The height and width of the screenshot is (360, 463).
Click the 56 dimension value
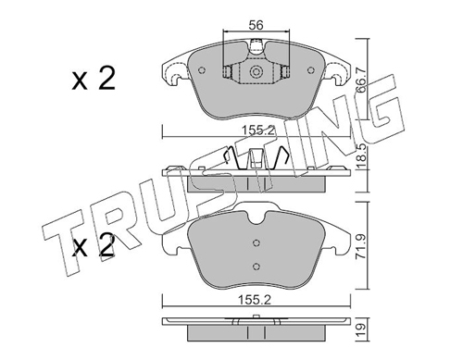coord(256,25)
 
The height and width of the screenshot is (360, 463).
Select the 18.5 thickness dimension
coord(361,156)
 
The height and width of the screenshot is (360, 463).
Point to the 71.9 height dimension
coord(361,247)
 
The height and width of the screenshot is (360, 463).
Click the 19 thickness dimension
coord(361,329)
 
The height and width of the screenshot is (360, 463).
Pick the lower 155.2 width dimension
coord(256,300)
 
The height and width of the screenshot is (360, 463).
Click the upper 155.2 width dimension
coord(257,130)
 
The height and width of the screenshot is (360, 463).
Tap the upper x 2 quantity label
coord(94,79)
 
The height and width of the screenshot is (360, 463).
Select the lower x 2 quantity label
coord(94,246)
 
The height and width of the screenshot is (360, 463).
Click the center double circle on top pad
coord(256,72)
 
